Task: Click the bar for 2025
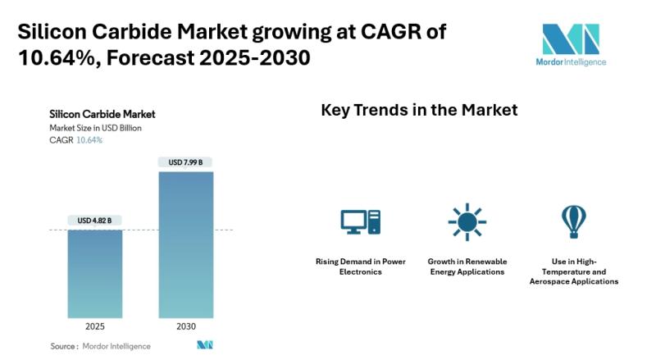[x=95, y=274]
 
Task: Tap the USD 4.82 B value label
[x=95, y=221]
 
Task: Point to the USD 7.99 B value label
[x=185, y=162]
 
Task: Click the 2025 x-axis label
[x=95, y=326]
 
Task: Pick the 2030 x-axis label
[x=185, y=326]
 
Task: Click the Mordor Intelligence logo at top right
[x=571, y=46]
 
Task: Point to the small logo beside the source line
[x=205, y=345]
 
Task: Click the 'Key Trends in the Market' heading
[x=419, y=110]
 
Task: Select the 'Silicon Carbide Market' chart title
[x=102, y=114]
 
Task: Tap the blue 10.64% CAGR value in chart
[x=89, y=140]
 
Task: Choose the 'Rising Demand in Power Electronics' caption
[x=361, y=267]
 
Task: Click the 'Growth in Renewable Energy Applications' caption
[x=467, y=267]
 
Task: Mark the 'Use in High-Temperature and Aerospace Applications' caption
[x=574, y=271]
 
